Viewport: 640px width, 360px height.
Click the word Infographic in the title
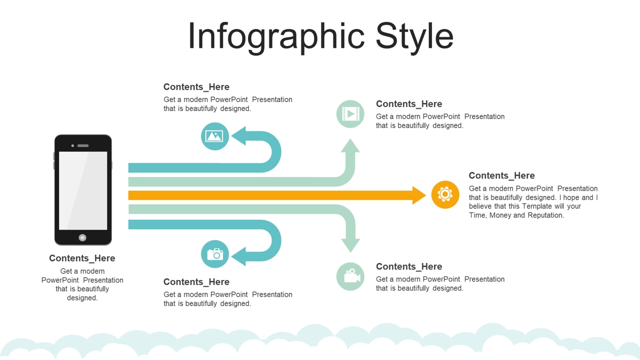[x=276, y=37]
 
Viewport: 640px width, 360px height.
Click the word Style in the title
[x=414, y=37]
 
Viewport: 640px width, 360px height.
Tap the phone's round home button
[x=83, y=237]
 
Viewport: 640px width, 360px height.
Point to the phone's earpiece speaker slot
[x=83, y=146]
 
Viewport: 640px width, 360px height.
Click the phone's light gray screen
[x=83, y=190]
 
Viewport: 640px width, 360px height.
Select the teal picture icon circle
[x=215, y=137]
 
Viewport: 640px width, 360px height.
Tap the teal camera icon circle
[x=215, y=254]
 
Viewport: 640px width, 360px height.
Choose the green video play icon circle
[x=350, y=114]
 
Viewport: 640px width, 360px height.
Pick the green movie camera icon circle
[x=350, y=277]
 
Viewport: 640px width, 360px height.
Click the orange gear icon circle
[x=445, y=195]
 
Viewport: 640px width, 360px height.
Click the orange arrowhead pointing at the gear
[x=419, y=195]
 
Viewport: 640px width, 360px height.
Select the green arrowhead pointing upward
[x=350, y=146]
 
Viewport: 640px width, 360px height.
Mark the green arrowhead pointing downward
[x=350, y=246]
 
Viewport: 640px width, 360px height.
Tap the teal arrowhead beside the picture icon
[x=239, y=135]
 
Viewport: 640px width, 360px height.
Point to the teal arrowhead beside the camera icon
[x=239, y=257]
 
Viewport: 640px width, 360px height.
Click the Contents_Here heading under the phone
[x=82, y=258]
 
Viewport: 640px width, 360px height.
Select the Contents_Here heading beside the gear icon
[x=502, y=175]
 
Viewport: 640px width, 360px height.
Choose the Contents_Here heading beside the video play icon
[x=409, y=103]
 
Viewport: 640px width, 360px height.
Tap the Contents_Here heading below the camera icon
[x=196, y=282]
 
